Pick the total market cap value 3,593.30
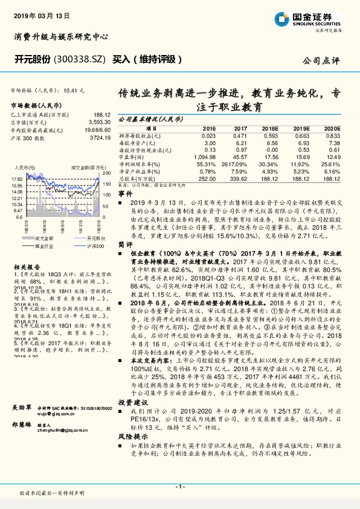[x=99, y=122]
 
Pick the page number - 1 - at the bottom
[x=179, y=486]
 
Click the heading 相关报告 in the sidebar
[x=26, y=266]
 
